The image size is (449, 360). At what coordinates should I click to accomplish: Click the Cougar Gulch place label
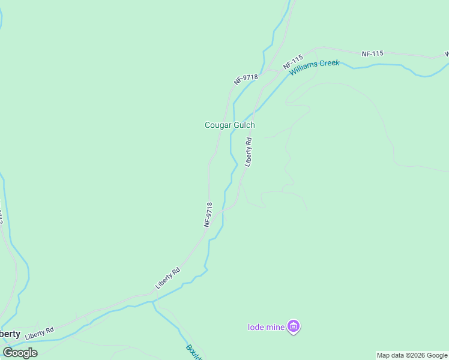230,125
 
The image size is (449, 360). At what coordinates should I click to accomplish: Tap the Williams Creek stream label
315,67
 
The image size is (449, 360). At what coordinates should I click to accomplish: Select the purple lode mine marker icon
294,326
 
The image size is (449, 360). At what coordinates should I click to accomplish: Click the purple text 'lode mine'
267,327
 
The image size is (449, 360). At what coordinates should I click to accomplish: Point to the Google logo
20,353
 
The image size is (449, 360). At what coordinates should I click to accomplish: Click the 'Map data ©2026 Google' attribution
412,355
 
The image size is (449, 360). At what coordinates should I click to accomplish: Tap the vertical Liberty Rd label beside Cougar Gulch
248,152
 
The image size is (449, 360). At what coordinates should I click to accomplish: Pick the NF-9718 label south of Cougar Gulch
208,214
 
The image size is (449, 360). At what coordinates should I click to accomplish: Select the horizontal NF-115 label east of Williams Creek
372,54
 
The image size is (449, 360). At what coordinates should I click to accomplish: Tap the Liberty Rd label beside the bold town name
40,331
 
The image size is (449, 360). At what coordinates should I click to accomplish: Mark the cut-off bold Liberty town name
10,334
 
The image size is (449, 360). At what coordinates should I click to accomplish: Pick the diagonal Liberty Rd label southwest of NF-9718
167,278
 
